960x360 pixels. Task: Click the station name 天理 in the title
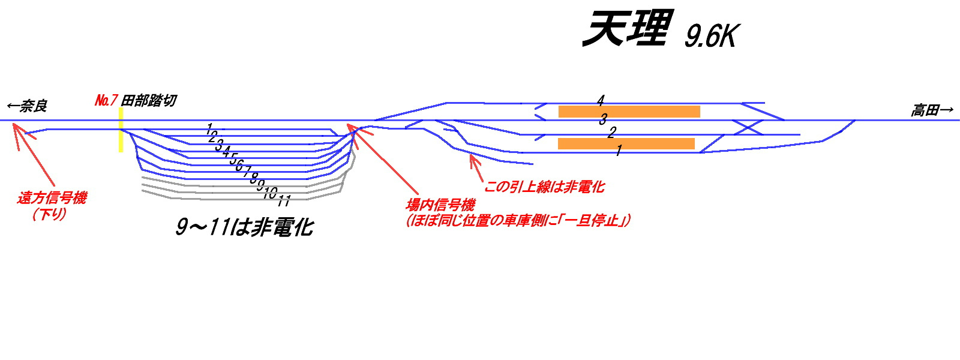pos(626,29)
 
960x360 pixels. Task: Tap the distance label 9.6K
pos(710,36)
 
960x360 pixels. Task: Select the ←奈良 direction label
pos(27,107)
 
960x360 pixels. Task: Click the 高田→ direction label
pos(932,110)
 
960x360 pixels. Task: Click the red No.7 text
pos(106,100)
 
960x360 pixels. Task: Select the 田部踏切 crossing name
pos(149,100)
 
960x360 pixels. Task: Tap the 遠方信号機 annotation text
pos(52,197)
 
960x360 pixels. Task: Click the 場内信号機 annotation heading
pos(440,205)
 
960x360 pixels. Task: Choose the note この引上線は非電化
pos(544,187)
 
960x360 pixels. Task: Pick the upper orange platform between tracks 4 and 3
pos(629,112)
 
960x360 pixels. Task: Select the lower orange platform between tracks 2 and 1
pos(626,143)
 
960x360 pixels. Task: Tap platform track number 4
pos(601,100)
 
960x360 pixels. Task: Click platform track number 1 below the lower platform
pos(619,151)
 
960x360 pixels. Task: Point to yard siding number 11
pos(284,200)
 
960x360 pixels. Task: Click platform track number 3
pos(603,119)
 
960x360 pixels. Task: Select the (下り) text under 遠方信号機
pos(49,214)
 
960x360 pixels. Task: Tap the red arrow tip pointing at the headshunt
pos(472,156)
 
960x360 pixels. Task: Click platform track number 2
pos(611,132)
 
